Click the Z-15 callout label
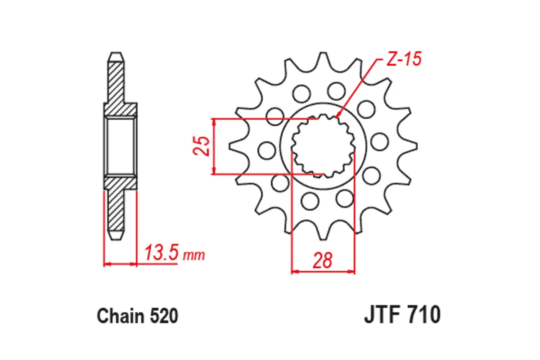tap(403, 60)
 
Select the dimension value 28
tap(323, 261)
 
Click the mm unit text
tap(194, 256)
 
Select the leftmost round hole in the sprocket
tap(267, 149)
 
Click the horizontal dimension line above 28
tap(323, 272)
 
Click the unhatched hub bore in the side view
tap(120, 146)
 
